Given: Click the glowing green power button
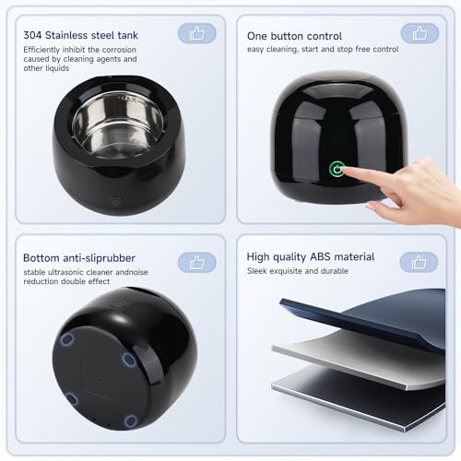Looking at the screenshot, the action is click(337, 169).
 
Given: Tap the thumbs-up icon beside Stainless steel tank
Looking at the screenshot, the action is click(197, 33).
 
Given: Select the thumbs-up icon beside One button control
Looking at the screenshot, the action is click(420, 33).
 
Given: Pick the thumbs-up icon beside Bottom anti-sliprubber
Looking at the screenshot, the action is click(197, 263).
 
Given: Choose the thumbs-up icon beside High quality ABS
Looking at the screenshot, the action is click(419, 263).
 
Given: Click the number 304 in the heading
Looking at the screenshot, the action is click(32, 35).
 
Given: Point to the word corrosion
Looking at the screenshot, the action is click(119, 50).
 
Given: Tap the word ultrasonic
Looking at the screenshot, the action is click(69, 272).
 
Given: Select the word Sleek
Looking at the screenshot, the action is click(257, 271).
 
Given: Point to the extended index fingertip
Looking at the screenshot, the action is click(344, 170).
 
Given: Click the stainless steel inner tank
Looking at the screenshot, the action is click(118, 125).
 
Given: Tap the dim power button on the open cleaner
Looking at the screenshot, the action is click(116, 202).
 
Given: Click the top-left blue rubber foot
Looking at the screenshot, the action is click(66, 340).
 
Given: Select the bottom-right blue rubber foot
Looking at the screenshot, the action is click(130, 420).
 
